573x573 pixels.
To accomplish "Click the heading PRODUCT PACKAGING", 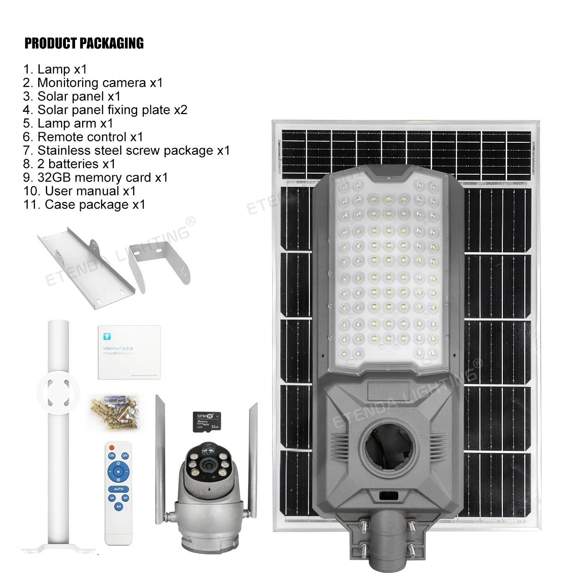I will tap(84, 43).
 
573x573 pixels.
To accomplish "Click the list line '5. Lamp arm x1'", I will tap(68, 123).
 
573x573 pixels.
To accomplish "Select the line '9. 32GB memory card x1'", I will tap(95, 178).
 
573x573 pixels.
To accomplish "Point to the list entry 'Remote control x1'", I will tap(83, 137).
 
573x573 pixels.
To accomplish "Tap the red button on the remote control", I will tap(112, 447).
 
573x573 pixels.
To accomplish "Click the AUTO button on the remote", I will tap(118, 489).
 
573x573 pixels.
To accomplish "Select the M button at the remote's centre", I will tap(118, 472).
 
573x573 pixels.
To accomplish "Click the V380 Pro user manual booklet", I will tap(129, 352).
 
